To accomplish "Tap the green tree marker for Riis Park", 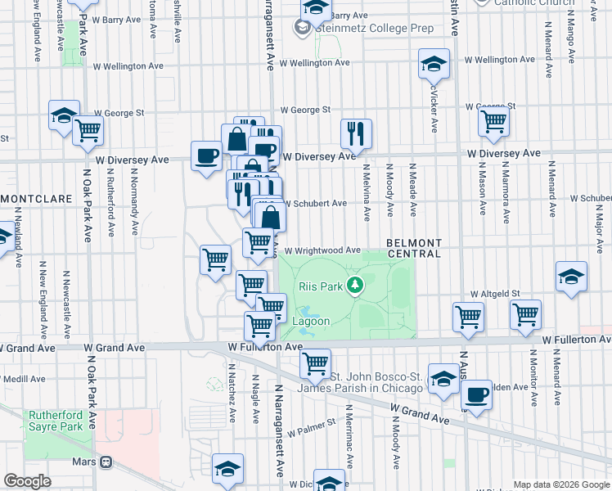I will [354, 285].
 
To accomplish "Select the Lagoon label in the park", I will [311, 322].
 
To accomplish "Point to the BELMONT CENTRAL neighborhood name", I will [413, 249].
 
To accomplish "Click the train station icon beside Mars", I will [106, 462].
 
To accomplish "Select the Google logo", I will [27, 481].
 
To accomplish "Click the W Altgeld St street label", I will [495, 293].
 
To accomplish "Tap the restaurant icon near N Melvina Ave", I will [356, 133].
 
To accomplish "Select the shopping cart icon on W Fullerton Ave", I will [315, 362].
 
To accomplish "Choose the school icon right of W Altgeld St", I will [571, 276].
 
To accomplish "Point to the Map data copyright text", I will [560, 484].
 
